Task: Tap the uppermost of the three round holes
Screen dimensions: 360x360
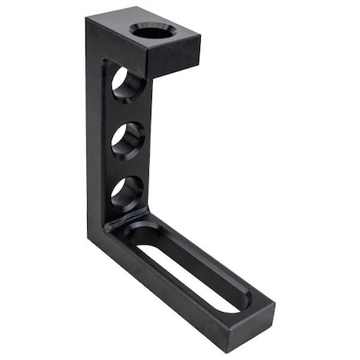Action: click(x=128, y=83)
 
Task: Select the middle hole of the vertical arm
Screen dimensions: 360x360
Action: click(x=128, y=138)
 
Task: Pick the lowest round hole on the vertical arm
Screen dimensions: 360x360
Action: click(x=127, y=193)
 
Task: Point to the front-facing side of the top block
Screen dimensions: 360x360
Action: click(x=172, y=58)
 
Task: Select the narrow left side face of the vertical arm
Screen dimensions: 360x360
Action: click(x=94, y=136)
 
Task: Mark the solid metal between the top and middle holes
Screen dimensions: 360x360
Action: click(x=126, y=111)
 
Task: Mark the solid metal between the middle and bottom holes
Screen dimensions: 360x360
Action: click(x=126, y=166)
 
